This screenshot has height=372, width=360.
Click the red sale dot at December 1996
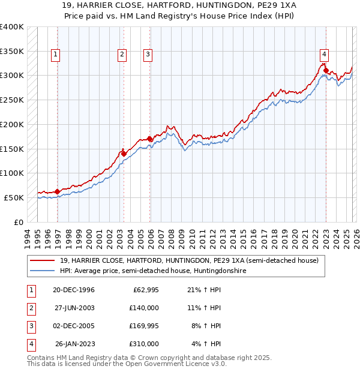coord(58,191)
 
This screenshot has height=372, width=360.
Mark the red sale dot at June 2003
coord(124,154)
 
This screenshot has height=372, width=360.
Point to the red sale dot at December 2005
coord(149,139)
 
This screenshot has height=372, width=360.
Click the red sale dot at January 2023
coord(326,70)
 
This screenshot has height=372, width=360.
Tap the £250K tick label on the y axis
coord(12,100)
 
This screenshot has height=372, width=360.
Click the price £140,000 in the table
coord(144,307)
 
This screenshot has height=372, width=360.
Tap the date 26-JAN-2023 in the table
coord(75,344)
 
